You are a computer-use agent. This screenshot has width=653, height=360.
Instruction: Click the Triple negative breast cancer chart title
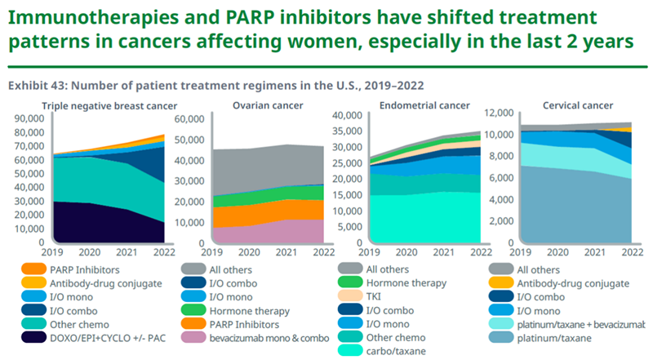[x=109, y=105]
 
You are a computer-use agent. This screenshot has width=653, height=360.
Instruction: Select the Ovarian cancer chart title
[x=256, y=105]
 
